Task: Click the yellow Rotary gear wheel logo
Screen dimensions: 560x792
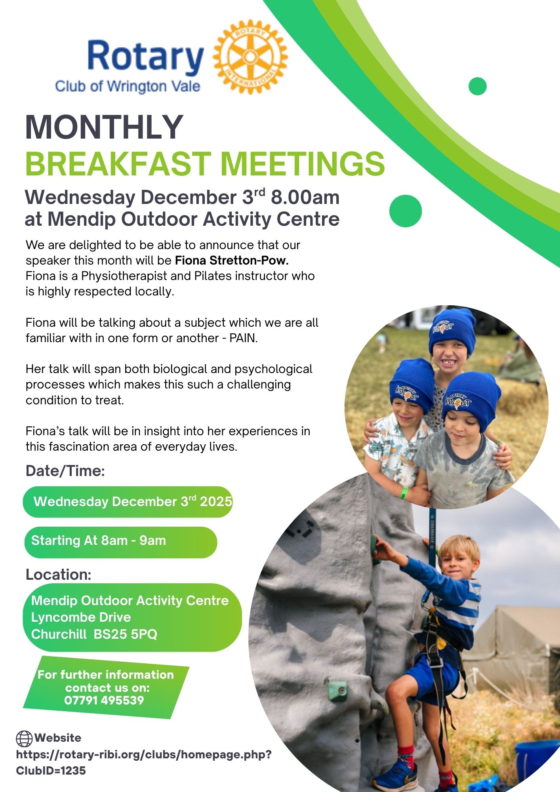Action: click(x=250, y=57)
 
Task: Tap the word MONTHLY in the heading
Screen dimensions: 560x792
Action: click(x=104, y=127)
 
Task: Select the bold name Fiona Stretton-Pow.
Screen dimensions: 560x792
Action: click(x=232, y=260)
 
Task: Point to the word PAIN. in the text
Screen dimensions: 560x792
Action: click(x=244, y=338)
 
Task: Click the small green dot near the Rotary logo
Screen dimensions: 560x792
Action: click(x=477, y=86)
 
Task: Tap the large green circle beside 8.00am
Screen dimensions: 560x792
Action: click(x=406, y=211)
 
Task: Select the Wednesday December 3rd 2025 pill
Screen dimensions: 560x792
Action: click(x=128, y=502)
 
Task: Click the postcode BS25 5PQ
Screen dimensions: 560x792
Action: click(x=126, y=634)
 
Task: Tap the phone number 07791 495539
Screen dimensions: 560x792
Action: click(x=104, y=700)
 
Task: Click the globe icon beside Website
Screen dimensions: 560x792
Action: click(x=24, y=739)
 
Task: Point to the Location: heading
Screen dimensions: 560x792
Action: click(x=59, y=575)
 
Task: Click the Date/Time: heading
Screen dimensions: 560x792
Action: click(x=65, y=471)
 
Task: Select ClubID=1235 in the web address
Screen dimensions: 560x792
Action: click(x=51, y=771)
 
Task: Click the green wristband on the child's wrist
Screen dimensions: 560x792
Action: click(x=404, y=492)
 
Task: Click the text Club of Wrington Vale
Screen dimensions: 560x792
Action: click(x=128, y=86)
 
